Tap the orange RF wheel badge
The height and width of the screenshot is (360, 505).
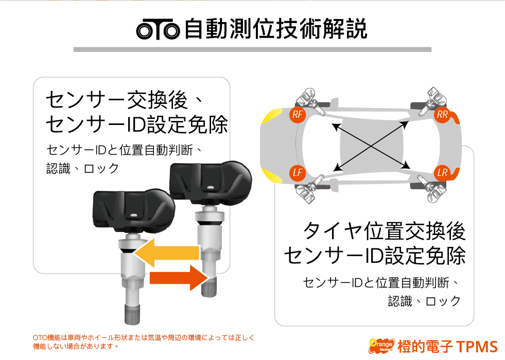click(297, 114)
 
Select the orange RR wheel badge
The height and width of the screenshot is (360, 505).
click(442, 114)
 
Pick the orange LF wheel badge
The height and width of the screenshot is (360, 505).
click(297, 173)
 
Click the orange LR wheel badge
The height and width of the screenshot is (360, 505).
click(442, 173)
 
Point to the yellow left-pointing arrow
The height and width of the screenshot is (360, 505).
click(167, 253)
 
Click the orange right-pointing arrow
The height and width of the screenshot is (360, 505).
click(179, 278)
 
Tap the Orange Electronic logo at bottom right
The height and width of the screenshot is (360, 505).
click(381, 346)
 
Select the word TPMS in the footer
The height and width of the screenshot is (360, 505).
click(477, 347)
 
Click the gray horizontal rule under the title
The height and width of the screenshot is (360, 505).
click(252, 49)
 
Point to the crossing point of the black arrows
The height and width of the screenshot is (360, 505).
click(371, 147)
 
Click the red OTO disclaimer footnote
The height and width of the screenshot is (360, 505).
click(143, 342)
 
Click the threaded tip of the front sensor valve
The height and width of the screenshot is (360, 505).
click(132, 314)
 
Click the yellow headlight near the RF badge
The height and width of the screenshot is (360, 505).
click(272, 116)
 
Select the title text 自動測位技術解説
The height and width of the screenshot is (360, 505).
click(276, 29)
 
